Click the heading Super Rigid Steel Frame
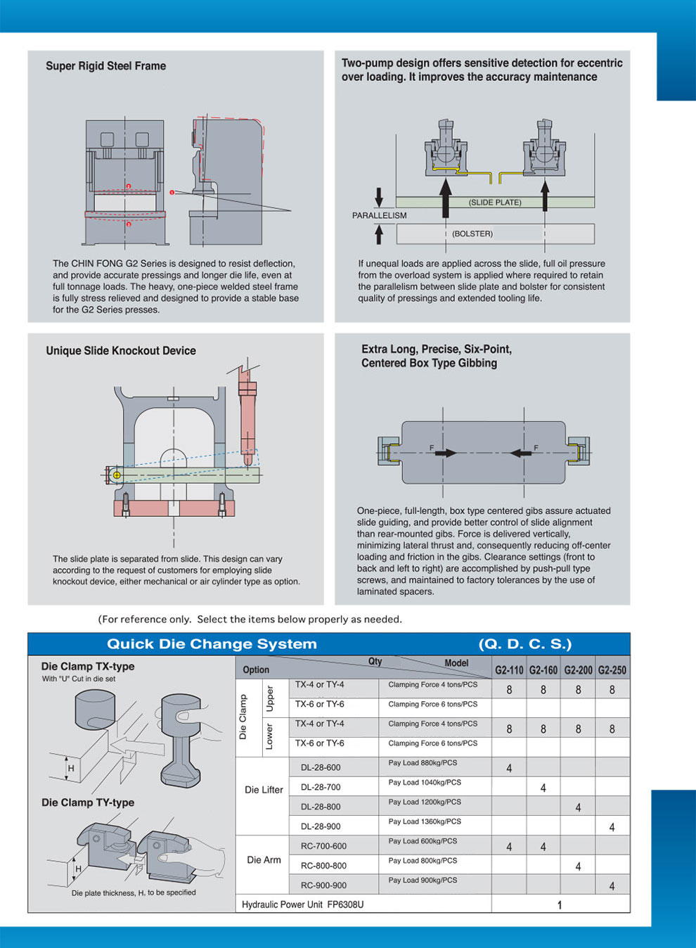106,66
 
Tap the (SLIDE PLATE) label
495,203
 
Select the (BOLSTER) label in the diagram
472,233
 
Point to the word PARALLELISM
380,215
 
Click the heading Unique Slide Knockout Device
121,351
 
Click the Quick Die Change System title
212,644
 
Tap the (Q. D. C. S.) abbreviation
525,644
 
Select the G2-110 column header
509,670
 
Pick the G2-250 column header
612,670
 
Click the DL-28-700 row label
321,787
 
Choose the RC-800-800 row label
323,866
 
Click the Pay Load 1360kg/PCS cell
423,821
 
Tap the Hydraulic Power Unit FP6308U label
303,904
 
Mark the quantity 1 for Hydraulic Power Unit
560,905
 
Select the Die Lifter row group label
264,790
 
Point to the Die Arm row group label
264,860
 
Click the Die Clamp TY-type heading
88,802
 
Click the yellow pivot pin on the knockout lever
117,475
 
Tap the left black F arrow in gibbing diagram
445,453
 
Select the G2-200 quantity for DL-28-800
578,807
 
